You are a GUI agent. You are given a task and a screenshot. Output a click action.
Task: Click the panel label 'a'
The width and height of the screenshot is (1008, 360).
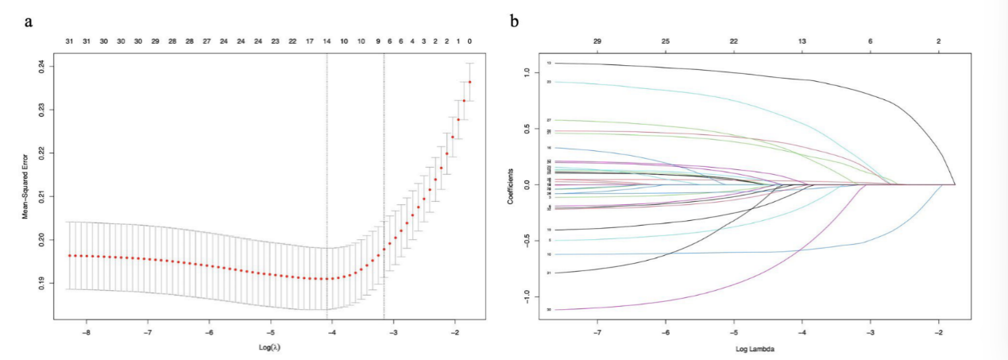click(29, 21)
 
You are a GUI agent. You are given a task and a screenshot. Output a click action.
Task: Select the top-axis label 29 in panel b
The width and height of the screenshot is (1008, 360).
click(597, 41)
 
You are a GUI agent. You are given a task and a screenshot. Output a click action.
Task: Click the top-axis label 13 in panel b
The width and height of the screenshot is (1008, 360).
click(802, 41)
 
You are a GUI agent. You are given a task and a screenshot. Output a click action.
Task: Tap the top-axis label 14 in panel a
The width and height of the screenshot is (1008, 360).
click(327, 41)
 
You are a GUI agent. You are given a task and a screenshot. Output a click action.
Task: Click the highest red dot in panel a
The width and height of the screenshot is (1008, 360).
click(470, 82)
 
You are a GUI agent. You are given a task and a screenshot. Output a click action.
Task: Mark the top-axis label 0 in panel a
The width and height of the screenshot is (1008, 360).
click(470, 41)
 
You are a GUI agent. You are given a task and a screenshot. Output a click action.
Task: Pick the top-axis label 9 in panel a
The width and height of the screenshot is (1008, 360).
click(378, 41)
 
